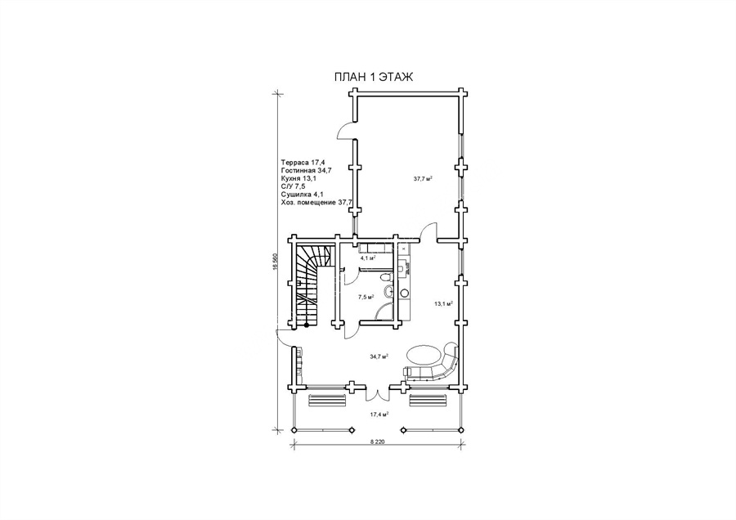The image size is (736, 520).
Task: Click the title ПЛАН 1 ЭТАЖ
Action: click(x=373, y=78)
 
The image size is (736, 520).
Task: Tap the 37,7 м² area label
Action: click(x=423, y=178)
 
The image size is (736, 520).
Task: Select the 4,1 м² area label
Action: click(x=367, y=258)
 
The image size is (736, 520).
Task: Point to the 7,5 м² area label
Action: click(x=366, y=297)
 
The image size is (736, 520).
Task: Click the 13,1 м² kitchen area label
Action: click(x=443, y=303)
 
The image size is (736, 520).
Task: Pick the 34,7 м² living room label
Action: click(x=379, y=356)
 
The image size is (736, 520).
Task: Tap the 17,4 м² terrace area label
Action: click(x=379, y=415)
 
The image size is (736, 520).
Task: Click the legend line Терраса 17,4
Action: click(x=303, y=162)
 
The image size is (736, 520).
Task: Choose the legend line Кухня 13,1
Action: click(x=298, y=178)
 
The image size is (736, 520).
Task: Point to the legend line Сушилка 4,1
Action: click(x=302, y=195)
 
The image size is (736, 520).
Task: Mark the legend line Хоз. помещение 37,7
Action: click(x=316, y=203)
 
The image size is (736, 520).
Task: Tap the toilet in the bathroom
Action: click(x=386, y=277)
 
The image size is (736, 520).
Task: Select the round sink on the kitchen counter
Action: click(x=404, y=294)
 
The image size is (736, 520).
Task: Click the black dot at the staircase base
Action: click(x=306, y=325)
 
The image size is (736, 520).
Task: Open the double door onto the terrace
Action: click(x=379, y=394)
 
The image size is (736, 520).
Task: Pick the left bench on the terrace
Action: click(x=328, y=401)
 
